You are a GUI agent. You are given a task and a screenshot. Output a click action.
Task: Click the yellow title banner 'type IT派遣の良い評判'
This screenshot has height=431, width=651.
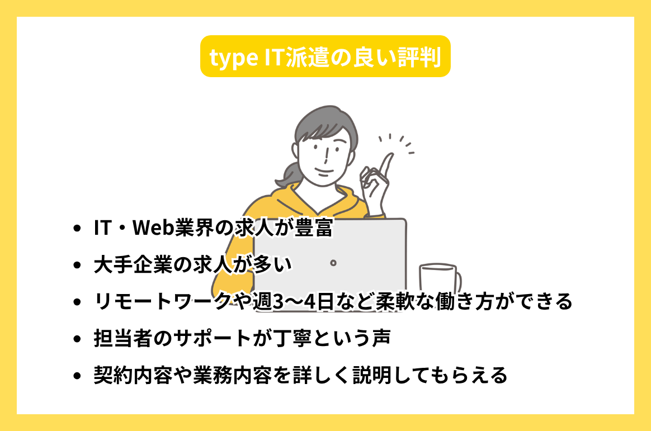(325, 56)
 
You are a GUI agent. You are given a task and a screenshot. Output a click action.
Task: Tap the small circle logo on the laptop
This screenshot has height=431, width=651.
(333, 262)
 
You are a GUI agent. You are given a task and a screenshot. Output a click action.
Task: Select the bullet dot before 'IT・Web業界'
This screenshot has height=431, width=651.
(77, 229)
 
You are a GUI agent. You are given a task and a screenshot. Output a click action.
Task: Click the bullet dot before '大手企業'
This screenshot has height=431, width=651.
(77, 266)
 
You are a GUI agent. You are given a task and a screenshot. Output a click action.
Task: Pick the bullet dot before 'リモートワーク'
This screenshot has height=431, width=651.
(77, 302)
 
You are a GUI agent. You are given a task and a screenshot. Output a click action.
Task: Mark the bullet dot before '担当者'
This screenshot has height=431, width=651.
(77, 339)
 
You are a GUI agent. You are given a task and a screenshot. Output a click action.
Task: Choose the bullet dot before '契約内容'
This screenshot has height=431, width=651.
(77, 376)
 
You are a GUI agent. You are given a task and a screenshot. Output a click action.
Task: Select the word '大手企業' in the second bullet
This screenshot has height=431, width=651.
(130, 265)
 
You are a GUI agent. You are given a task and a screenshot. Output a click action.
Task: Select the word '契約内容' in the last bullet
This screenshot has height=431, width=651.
(130, 375)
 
